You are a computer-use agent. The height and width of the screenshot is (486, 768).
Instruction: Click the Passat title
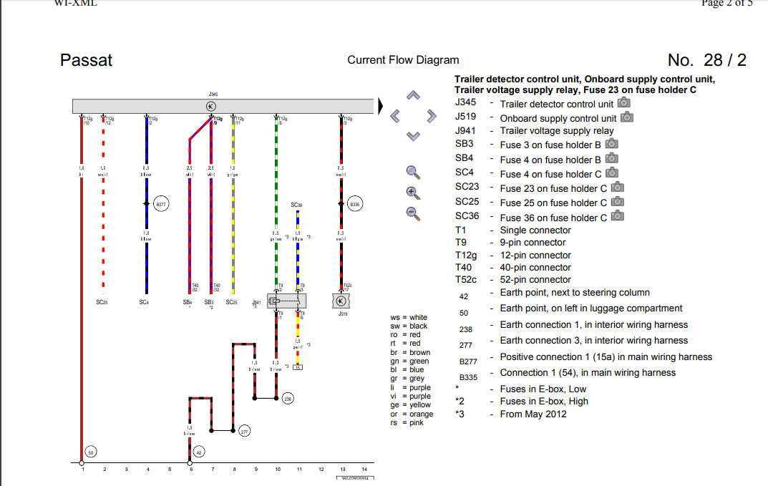[x=86, y=60]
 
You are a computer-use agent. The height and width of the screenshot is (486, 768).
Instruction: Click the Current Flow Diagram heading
[x=403, y=60]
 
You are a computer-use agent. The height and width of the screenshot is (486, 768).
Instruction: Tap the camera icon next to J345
[x=624, y=103]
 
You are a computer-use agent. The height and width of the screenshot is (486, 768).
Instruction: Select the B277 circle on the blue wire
[x=161, y=204]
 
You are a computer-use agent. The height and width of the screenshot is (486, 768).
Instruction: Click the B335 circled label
[x=354, y=204]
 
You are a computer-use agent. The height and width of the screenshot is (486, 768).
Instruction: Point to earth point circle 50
[x=91, y=452]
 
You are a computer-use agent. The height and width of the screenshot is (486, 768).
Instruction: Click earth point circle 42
[x=200, y=452]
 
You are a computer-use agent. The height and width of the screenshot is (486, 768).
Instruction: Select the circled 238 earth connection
[x=288, y=398]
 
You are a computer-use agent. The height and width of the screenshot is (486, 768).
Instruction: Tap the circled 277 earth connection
[x=245, y=431]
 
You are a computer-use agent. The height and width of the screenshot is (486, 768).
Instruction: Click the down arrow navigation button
[x=412, y=136]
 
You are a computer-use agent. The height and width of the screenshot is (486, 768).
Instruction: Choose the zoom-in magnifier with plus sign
[x=412, y=191]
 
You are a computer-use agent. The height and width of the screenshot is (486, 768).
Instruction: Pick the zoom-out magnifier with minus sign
[x=412, y=212]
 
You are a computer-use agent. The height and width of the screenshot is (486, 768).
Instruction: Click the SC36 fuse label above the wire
[x=296, y=205]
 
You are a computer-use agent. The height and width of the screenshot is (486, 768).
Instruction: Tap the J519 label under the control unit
[x=343, y=313]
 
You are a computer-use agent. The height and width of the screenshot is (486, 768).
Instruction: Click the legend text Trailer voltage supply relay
[x=557, y=131]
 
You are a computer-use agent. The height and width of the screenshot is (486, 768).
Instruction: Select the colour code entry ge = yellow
[x=409, y=405]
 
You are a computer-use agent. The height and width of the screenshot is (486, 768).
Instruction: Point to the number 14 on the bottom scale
[x=364, y=470]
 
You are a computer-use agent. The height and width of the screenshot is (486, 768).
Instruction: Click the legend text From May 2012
[x=533, y=414]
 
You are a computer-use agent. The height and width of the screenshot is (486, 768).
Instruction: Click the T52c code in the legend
[x=466, y=280]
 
